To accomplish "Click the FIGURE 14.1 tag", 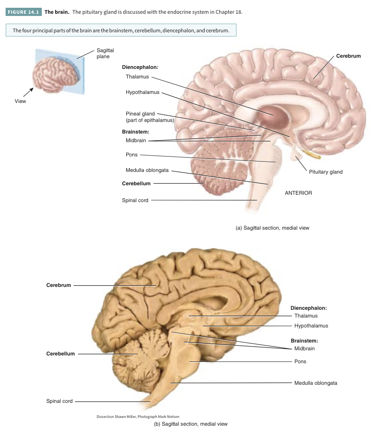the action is (24, 12).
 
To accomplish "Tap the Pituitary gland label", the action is (326, 172).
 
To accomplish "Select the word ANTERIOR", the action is (298, 193).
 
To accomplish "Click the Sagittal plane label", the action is (105, 53).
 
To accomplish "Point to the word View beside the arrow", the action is (20, 101).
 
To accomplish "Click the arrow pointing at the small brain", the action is (28, 92).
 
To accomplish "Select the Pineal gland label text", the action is (140, 114).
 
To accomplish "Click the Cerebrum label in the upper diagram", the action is (348, 56).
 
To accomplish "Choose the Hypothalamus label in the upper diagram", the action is (142, 92).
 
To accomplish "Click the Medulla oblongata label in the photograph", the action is (315, 383).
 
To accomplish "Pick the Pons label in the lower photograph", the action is (300, 361).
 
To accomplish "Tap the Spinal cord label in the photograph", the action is (59, 401).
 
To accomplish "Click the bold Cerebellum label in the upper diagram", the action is (136, 184).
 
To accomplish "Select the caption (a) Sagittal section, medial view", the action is (272, 228).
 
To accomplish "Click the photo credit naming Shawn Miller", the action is (138, 417).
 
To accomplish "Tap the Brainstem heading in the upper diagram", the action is (135, 131).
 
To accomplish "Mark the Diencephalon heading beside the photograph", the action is (308, 308).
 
